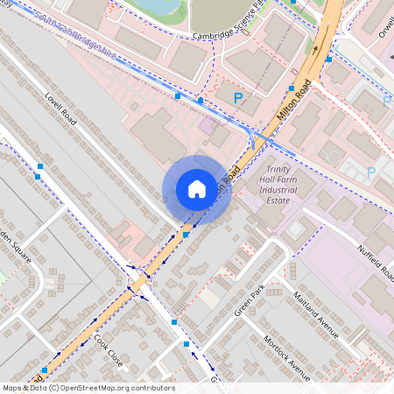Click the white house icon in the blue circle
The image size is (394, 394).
197,189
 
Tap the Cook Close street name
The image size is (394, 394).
110,351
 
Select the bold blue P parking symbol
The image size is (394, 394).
237,98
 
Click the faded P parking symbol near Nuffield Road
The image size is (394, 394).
370,173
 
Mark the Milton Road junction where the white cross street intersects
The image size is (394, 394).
139,282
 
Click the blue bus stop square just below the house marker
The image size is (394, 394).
186,235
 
